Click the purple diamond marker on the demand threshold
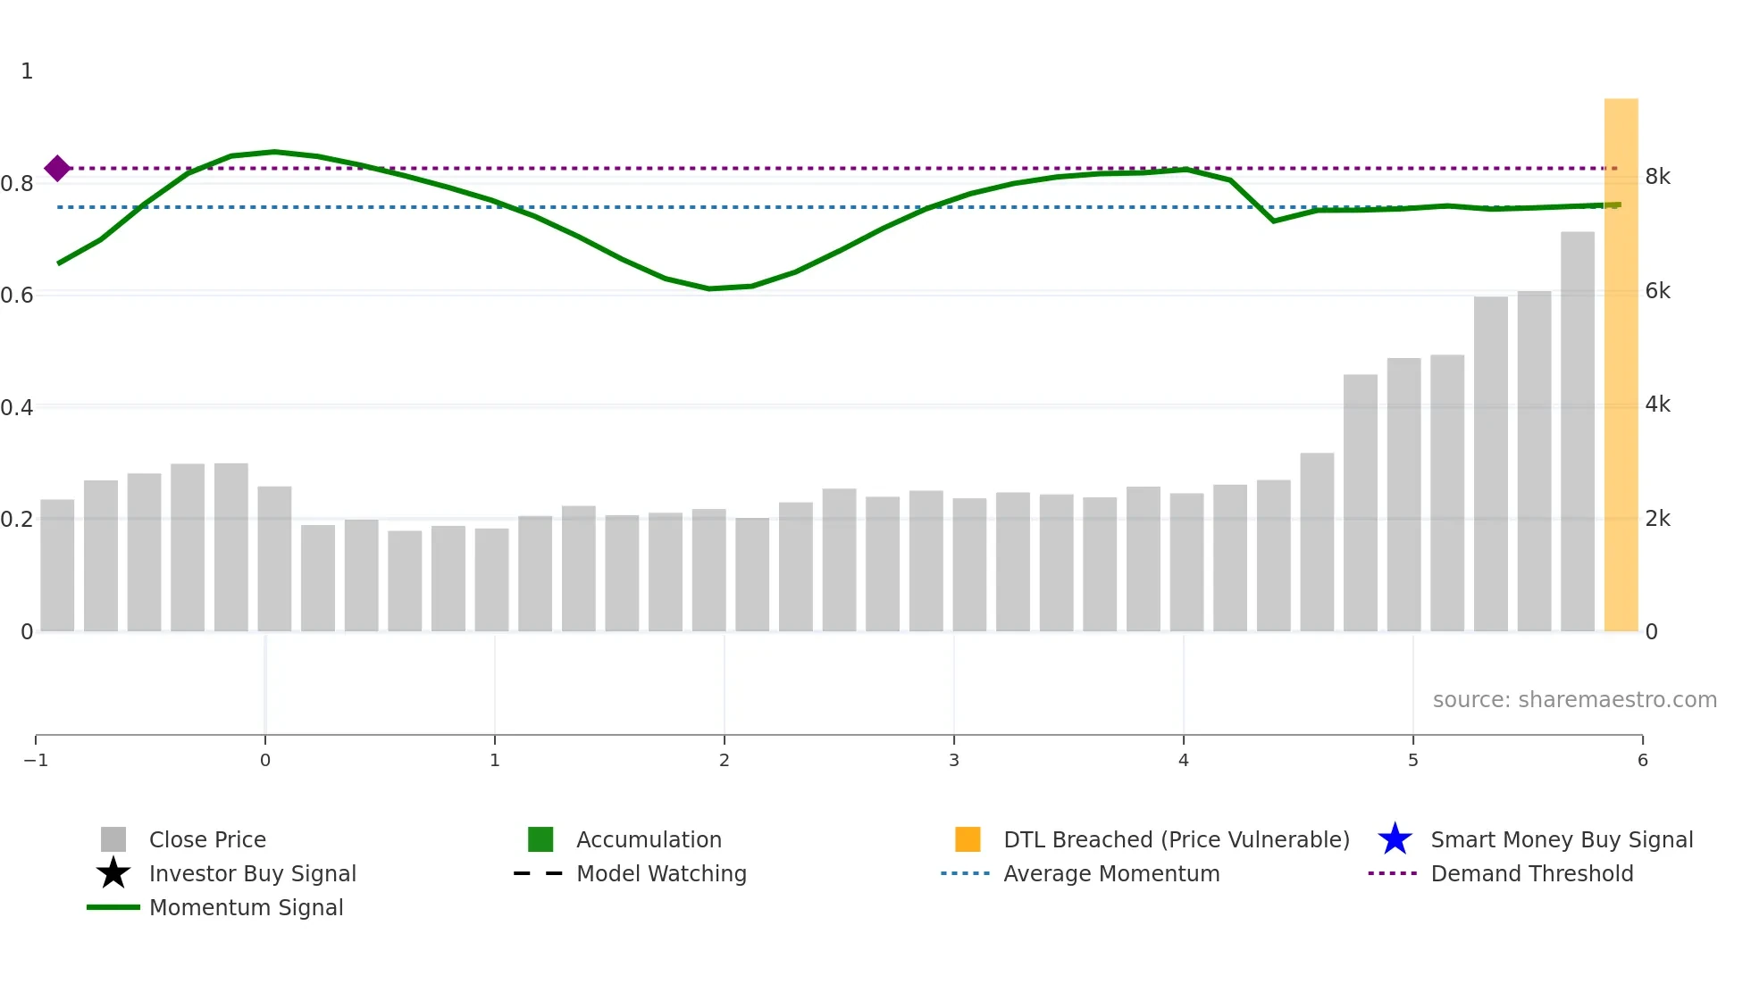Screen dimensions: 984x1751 pyautogui.click(x=57, y=168)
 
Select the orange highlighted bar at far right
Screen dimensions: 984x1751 pyautogui.click(x=1621, y=366)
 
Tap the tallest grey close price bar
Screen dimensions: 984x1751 pyautogui.click(x=1577, y=432)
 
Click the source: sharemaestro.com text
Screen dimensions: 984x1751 pyautogui.click(x=1574, y=699)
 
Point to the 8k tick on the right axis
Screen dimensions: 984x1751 pyautogui.click(x=1657, y=177)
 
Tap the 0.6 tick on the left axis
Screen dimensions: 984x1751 pyautogui.click(x=17, y=295)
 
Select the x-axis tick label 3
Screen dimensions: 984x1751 pyautogui.click(x=954, y=760)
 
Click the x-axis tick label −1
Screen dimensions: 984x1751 pyautogui.click(x=36, y=760)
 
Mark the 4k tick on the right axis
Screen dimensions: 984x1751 pyautogui.click(x=1657, y=404)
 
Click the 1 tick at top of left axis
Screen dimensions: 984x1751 pyautogui.click(x=27, y=71)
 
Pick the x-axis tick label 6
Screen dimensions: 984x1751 pyautogui.click(x=1642, y=760)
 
